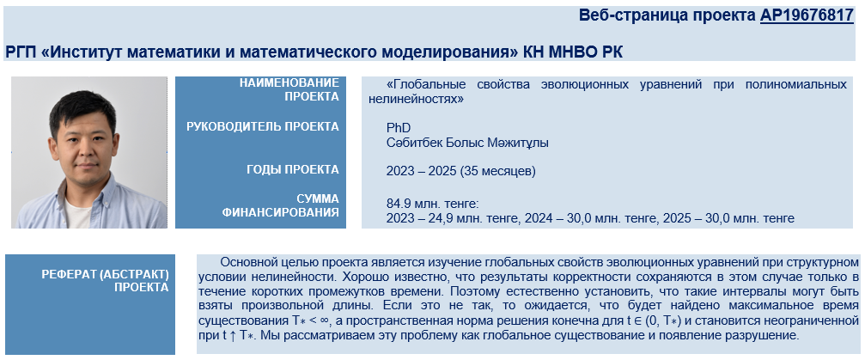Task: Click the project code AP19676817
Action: click(x=807, y=15)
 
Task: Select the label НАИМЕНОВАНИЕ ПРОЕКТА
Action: click(x=289, y=89)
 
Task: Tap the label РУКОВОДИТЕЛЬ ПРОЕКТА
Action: click(x=263, y=126)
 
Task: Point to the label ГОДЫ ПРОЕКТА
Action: click(x=293, y=169)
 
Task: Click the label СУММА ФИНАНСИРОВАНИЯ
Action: click(x=281, y=205)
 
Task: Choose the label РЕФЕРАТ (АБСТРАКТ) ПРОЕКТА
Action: click(x=105, y=281)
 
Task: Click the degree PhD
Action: click(x=399, y=128)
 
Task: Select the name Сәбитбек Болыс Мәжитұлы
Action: click(x=467, y=143)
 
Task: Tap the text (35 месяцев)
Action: click(x=497, y=171)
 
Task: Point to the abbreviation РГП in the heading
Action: click(x=21, y=52)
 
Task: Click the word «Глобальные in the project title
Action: click(x=426, y=84)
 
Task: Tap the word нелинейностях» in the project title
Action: click(x=416, y=100)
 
